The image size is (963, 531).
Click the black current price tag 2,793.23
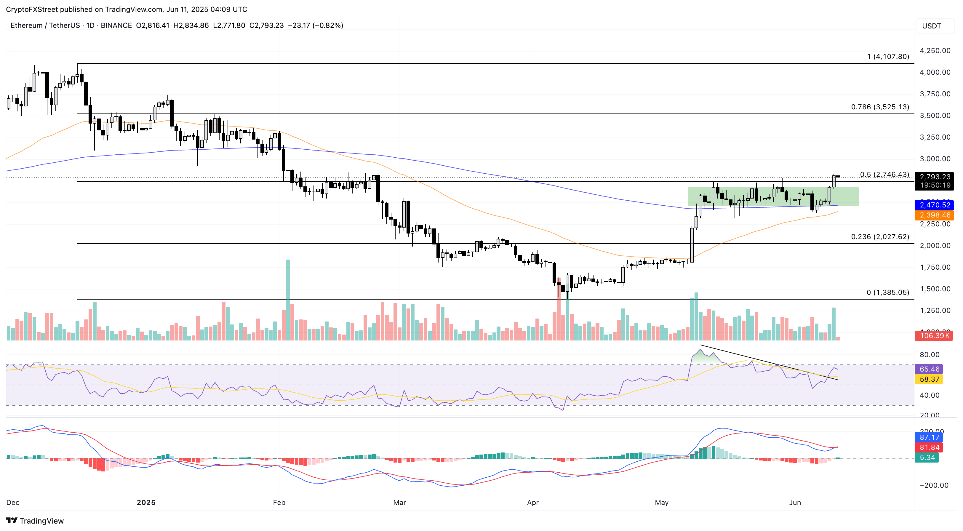[935, 177]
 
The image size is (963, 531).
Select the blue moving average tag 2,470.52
[935, 205]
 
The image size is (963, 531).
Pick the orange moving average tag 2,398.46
[935, 215]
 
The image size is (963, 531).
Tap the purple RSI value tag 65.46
[929, 369]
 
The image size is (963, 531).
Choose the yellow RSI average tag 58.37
[929, 379]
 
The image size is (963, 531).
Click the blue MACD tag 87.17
[929, 437]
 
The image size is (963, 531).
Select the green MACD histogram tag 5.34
[927, 457]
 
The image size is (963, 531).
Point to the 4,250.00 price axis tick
[935, 50]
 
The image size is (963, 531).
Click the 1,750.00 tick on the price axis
[935, 267]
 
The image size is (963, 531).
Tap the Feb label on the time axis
[279, 502]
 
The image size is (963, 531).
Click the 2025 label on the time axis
[146, 502]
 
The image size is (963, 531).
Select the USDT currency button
[931, 26]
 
